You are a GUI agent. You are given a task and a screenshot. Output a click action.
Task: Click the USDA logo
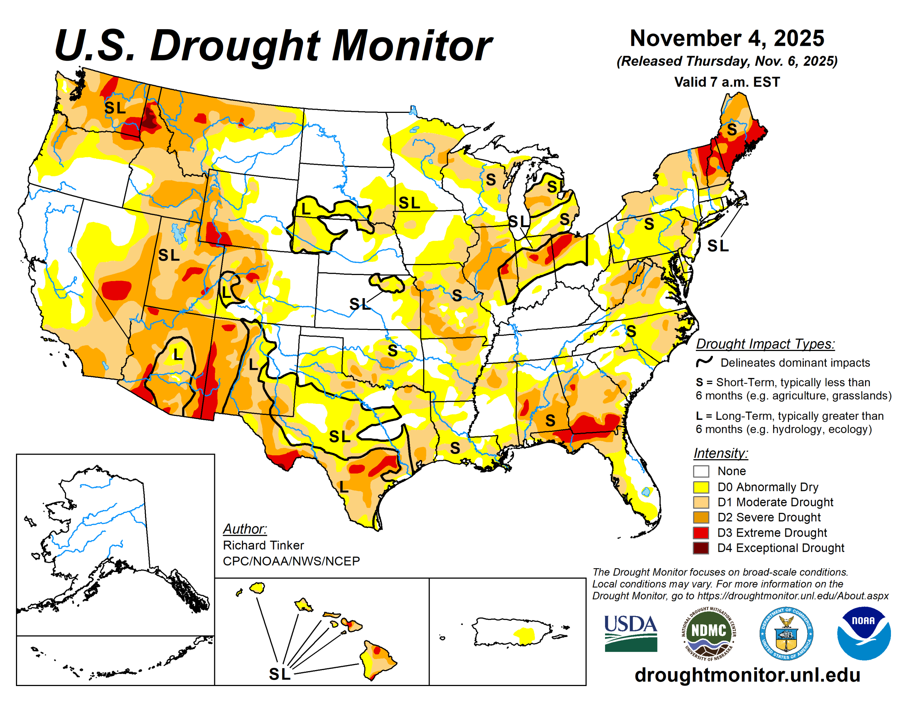[x=630, y=632]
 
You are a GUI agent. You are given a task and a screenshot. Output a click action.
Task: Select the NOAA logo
[x=864, y=632]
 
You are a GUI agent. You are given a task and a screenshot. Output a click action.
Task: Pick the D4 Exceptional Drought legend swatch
[x=701, y=548]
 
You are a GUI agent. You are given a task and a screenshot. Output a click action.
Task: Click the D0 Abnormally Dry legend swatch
[x=701, y=487]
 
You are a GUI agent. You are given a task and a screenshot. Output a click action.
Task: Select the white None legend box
[x=701, y=471]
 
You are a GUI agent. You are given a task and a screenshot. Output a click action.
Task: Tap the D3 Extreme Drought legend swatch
[x=701, y=533]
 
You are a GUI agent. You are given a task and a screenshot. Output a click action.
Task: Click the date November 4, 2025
[x=727, y=38]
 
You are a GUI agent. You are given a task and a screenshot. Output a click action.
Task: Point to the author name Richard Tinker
[x=263, y=545]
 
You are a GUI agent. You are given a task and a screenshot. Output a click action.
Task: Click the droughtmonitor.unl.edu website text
[x=747, y=675]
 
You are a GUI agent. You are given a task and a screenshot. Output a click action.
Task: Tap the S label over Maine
[x=732, y=130]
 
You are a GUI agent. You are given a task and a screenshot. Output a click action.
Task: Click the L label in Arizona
[x=178, y=355]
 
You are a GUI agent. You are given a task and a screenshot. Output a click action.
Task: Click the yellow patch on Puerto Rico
[x=525, y=635]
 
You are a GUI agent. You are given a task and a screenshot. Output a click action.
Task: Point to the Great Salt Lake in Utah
[x=179, y=233]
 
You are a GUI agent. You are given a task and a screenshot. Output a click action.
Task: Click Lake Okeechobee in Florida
[x=646, y=492]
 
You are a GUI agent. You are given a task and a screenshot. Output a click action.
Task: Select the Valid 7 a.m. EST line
[x=727, y=82]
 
